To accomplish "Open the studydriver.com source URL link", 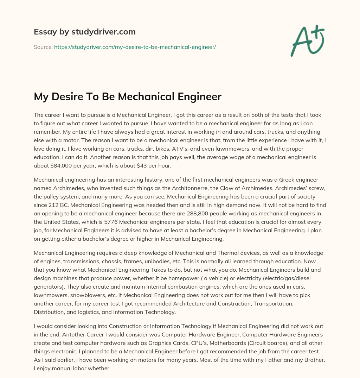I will (135, 47).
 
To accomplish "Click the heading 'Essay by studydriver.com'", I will (85, 32).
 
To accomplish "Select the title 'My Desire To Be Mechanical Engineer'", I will (128, 96).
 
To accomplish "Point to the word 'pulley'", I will (52, 197).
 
